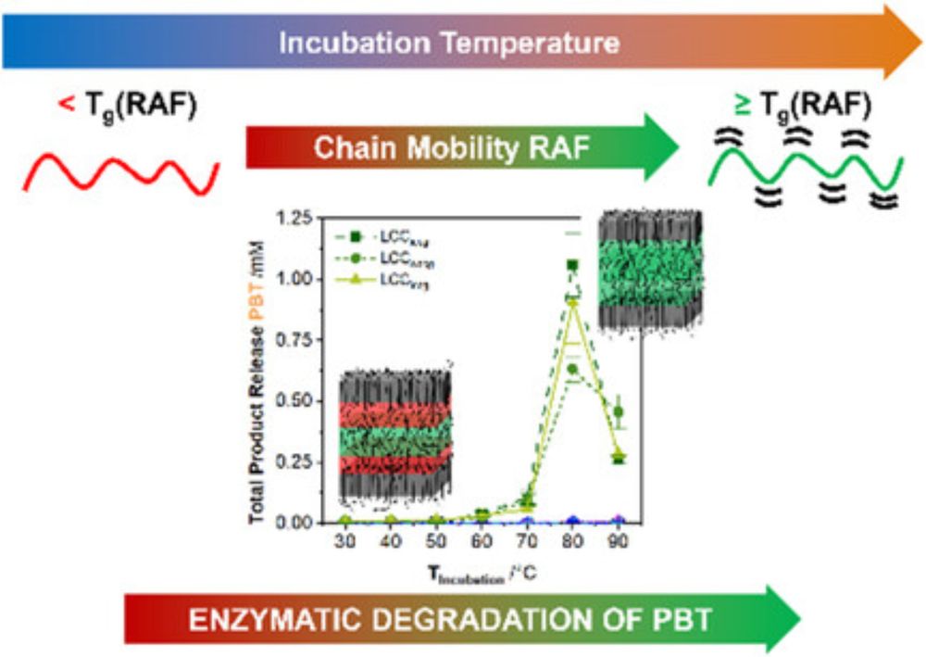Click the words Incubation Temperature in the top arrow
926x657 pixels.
450,43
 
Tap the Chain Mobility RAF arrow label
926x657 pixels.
450,146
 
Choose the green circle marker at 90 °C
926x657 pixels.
618,411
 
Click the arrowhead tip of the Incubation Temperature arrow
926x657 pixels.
920,41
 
